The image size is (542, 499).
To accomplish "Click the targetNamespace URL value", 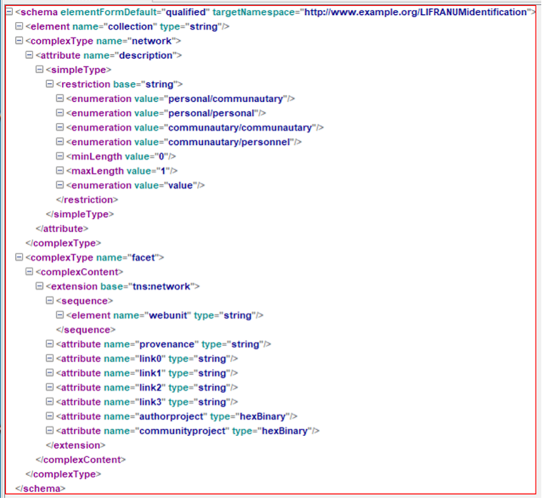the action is coord(416,12).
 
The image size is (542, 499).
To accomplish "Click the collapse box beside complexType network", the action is coord(19,41).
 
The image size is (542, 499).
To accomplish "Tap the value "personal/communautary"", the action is coord(225,99).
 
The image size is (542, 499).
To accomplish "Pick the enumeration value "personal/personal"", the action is coord(211,113).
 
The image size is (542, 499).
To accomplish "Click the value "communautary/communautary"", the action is coord(240,128).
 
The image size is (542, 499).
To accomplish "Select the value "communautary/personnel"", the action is coord(229,142).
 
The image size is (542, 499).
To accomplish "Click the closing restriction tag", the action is coord(87,200).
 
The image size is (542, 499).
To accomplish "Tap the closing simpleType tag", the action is coord(80,214).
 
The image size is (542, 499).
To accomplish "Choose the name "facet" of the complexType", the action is coord(143,258).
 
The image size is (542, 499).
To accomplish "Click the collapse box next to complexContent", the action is coord(29,272).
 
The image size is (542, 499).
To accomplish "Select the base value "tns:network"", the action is coord(161,287).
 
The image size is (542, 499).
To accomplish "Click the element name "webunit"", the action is coord(168,315).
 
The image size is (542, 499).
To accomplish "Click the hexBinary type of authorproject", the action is coord(263,417).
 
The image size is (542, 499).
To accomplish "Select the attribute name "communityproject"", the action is coord(182,431).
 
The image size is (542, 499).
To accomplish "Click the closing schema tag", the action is coord(40,489).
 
